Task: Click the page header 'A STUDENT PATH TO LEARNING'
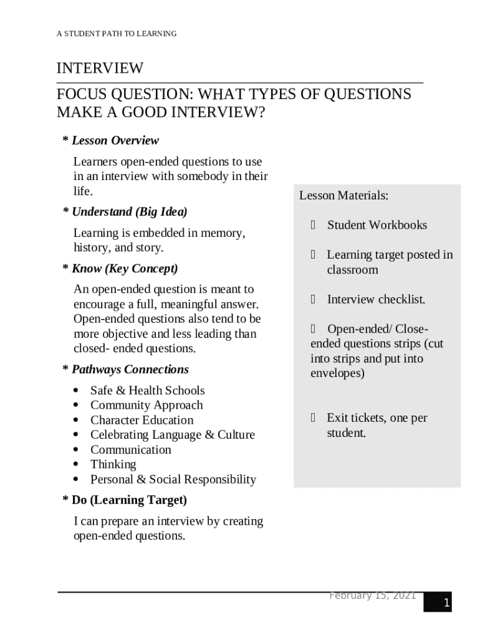pos(117,34)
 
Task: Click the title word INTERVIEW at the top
pos(100,68)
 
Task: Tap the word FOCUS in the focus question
pos(82,94)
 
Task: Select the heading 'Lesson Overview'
pos(115,140)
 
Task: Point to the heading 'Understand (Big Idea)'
pos(129,211)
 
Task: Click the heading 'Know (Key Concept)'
pos(124,269)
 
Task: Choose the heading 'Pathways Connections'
pos(130,369)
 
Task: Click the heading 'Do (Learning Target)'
pos(129,500)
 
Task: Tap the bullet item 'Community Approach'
pos(146,405)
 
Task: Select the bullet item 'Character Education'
pos(142,420)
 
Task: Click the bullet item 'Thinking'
pos(113,464)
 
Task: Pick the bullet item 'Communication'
pos(130,449)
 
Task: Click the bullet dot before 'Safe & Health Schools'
pos(76,391)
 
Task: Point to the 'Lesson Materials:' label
pos(343,196)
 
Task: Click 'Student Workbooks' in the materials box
pos(377,225)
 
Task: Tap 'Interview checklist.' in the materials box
pos(376,300)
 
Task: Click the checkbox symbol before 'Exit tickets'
pos(314,418)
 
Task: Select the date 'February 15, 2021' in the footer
pos(372,596)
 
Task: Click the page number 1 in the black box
pos(446,602)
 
